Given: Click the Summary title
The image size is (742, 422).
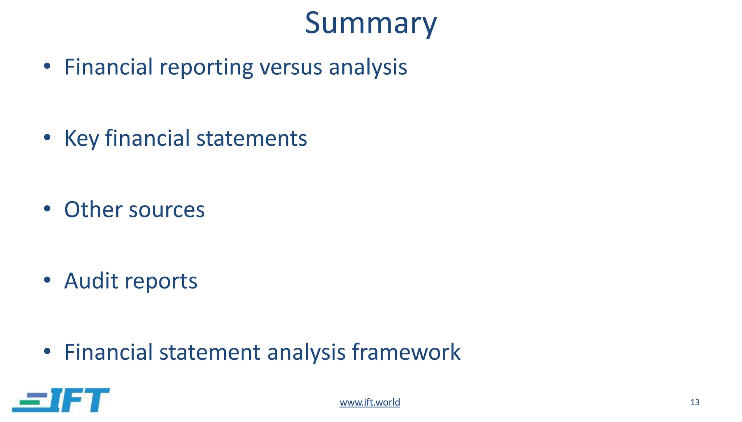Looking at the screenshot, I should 371,23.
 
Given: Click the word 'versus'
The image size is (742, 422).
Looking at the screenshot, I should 291,67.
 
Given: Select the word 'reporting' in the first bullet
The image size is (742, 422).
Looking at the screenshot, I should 206,67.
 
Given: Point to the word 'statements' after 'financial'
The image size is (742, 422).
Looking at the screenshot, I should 251,138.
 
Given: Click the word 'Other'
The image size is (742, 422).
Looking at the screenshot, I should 93,210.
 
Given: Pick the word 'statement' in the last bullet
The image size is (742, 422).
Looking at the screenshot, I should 210,352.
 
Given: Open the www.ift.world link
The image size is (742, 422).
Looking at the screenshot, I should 370,402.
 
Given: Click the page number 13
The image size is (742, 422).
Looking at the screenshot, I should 695,402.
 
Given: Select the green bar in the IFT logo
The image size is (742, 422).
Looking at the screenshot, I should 29,402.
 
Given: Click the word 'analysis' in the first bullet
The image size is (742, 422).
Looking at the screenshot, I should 368,67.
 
